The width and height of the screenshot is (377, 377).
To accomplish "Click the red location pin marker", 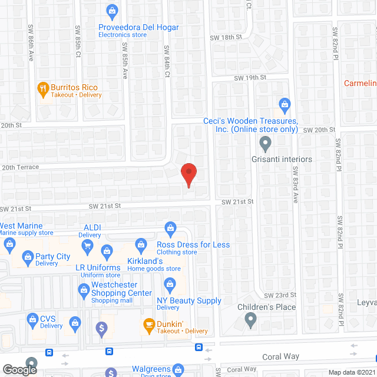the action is click(188, 175).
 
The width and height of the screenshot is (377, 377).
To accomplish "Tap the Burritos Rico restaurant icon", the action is click(42, 90).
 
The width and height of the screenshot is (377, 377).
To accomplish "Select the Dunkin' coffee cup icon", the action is click(149, 324).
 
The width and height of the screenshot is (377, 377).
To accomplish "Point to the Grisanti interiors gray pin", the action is click(266, 142).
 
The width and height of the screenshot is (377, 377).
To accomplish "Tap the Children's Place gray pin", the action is click(250, 320).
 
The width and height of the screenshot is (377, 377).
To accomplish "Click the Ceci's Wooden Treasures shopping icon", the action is click(285, 105).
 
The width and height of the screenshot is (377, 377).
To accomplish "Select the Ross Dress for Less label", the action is click(193, 244).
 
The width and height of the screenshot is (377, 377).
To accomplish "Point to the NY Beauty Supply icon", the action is click(170, 286).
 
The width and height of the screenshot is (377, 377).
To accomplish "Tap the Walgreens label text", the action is click(150, 369).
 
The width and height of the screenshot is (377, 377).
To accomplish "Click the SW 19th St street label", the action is click(250, 77).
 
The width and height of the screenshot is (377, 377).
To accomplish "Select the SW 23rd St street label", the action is click(278, 295).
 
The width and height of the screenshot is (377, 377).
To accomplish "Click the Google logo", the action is click(19, 369).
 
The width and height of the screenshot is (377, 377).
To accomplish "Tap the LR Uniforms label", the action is click(98, 267).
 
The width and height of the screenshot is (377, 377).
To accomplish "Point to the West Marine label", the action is click(21, 226).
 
